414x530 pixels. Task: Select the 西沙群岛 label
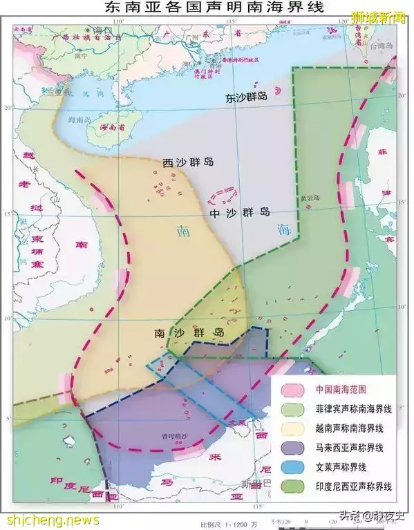187,163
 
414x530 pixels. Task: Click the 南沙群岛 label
189,332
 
